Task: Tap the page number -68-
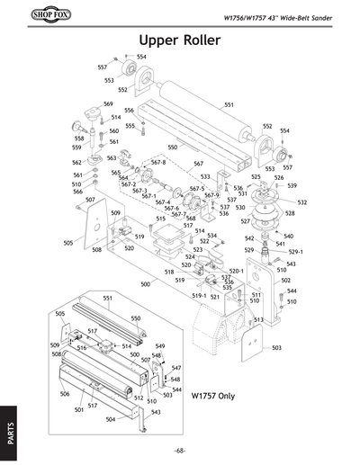(180, 451)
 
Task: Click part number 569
(108, 104)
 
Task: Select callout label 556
(129, 110)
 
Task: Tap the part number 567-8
(158, 163)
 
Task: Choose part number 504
(110, 419)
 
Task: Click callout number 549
(160, 346)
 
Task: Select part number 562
(77, 163)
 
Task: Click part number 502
(286, 281)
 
